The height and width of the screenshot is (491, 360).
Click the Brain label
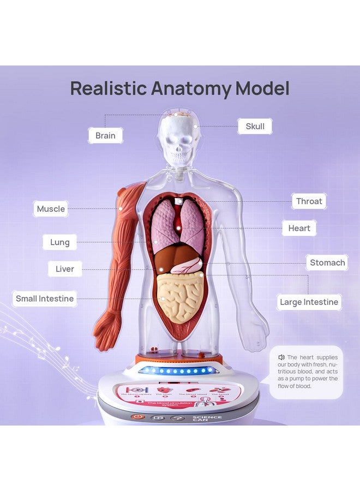click(105, 135)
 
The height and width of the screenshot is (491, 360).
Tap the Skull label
click(255, 127)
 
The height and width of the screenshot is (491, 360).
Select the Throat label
click(309, 201)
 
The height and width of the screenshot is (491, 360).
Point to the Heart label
click(299, 228)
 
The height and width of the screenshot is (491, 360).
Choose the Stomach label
click(327, 263)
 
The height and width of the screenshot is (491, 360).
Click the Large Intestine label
click(309, 302)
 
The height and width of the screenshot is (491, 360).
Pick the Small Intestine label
click(45, 298)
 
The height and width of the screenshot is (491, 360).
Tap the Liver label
click(65, 269)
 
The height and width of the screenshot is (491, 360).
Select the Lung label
click(60, 242)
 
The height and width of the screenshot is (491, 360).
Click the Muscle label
click(51, 209)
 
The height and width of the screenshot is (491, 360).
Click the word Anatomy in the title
click(189, 88)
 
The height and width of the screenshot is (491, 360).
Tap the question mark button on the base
click(177, 418)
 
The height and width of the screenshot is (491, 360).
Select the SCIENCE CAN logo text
click(207, 419)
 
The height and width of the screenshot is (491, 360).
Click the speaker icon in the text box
click(281, 357)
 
